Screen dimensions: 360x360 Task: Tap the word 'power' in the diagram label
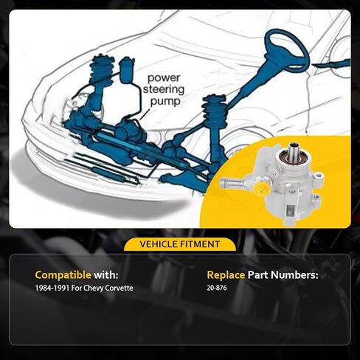pos(164,78)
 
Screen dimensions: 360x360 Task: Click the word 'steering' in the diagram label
pos(164,89)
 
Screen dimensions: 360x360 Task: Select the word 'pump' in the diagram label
pos(165,101)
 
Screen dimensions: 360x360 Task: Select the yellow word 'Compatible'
pos(63,275)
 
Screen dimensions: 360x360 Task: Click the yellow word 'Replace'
pos(226,275)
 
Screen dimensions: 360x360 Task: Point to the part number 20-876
pos(217,288)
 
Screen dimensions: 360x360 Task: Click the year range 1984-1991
pos(52,288)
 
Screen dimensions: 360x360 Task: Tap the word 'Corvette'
pos(119,288)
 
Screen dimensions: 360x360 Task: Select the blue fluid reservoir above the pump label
pos(127,69)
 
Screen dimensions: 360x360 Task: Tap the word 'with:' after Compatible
pos(106,275)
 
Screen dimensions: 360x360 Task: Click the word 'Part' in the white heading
pos(258,274)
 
